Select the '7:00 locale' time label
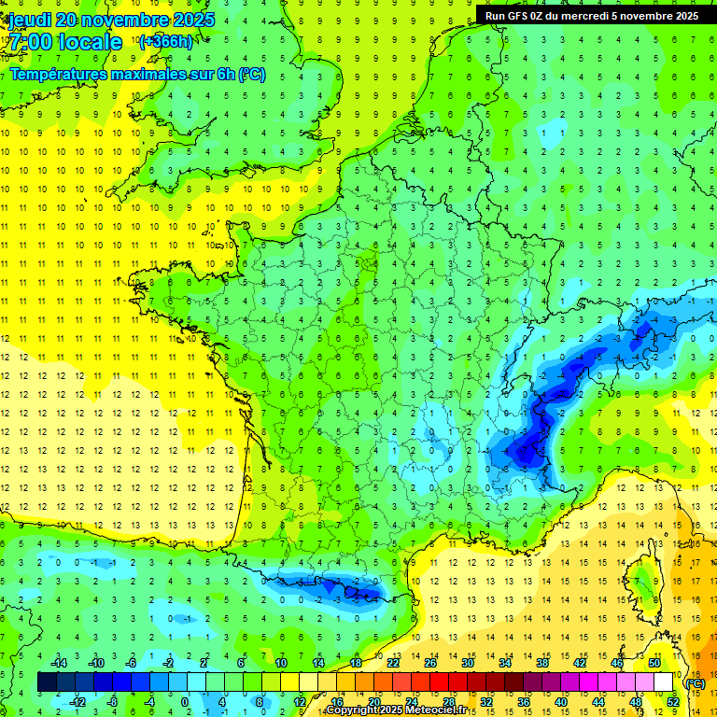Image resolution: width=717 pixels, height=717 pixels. point(64,42)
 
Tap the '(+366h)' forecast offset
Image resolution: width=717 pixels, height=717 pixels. point(168,42)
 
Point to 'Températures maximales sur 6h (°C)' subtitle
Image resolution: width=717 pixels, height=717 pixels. point(137,74)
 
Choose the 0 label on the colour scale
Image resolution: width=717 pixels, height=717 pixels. point(185,701)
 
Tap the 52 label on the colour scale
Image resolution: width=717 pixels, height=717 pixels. point(672,701)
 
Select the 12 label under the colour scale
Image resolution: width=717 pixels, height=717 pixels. point(300,701)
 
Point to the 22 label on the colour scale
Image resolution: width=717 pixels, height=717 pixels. point(393,663)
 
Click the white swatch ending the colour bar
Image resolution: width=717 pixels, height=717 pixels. point(663,682)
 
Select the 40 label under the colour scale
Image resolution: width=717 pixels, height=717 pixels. point(561,701)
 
